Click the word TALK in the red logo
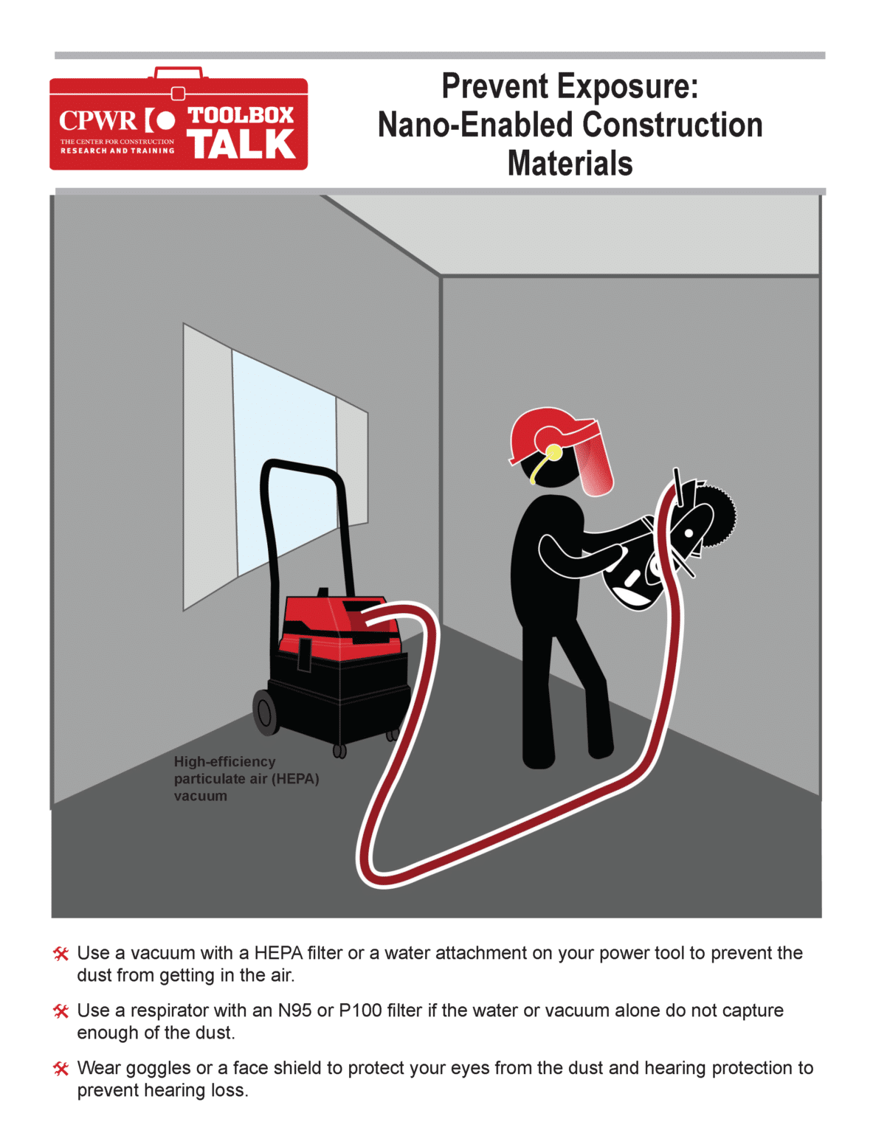(241, 145)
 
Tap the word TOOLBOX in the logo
(241, 115)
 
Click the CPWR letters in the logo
(97, 120)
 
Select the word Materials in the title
(570, 164)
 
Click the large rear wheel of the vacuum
(266, 712)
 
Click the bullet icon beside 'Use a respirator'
(61, 1011)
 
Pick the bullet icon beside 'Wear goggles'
(61, 1069)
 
